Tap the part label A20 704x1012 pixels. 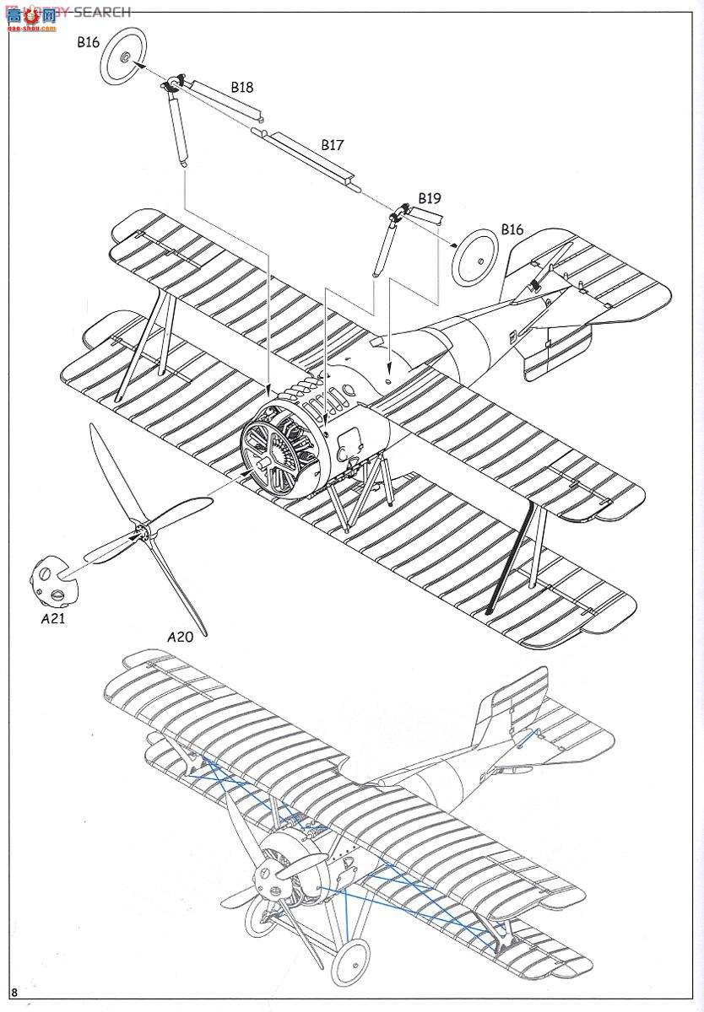(x=180, y=637)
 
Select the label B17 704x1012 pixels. (x=332, y=145)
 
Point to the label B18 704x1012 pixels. (x=241, y=87)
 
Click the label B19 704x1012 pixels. (x=429, y=199)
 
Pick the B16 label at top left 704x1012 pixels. (x=89, y=41)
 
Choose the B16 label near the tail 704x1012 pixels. (x=512, y=229)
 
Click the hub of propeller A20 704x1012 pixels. (x=142, y=531)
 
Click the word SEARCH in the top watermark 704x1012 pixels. (x=102, y=12)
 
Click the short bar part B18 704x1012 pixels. (x=223, y=100)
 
